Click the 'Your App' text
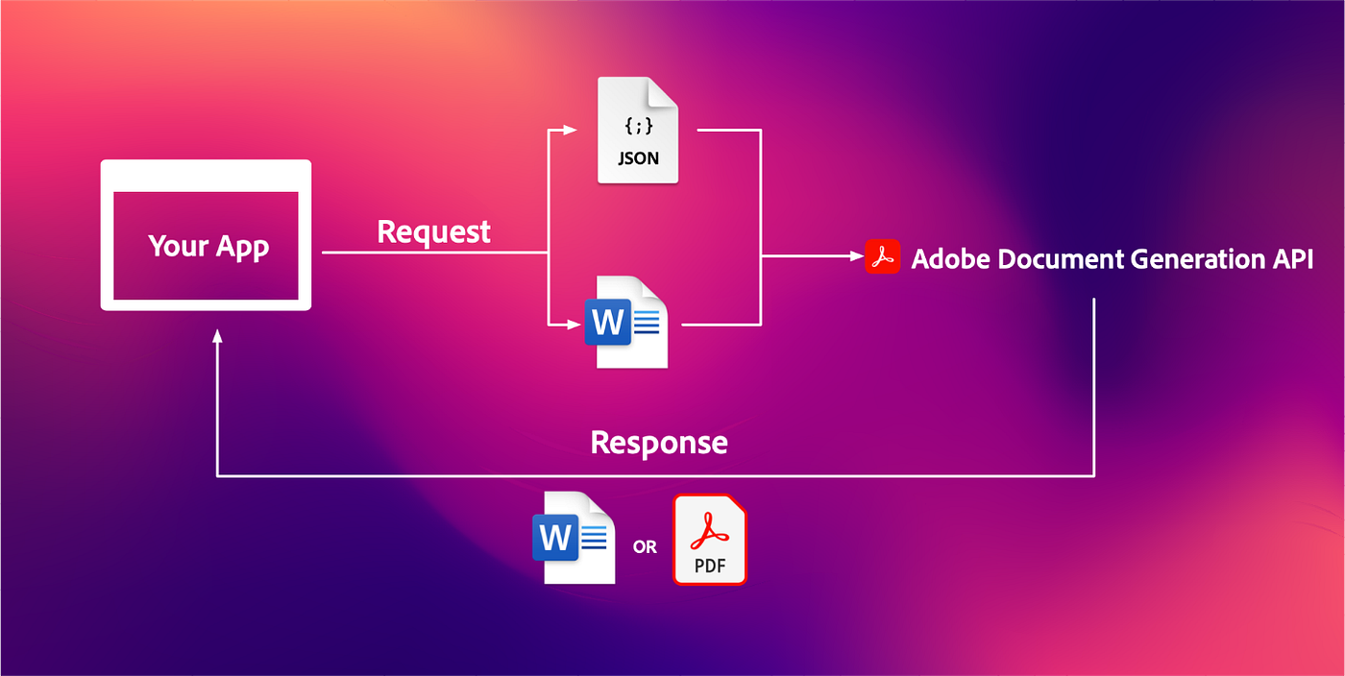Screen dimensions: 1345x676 (208, 246)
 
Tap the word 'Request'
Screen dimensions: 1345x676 (433, 231)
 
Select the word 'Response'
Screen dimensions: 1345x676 (659, 443)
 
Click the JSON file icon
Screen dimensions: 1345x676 (638, 131)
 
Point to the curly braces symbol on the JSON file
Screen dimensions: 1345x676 (638, 126)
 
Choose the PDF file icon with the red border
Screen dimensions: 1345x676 (709, 540)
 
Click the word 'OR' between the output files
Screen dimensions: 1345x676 (645, 547)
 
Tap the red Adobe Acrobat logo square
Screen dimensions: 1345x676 (882, 257)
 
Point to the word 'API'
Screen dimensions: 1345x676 (1292, 259)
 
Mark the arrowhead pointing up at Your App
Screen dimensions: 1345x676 (218, 336)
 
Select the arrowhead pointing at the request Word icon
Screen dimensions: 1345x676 (574, 325)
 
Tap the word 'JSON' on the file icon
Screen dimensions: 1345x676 (638, 158)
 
